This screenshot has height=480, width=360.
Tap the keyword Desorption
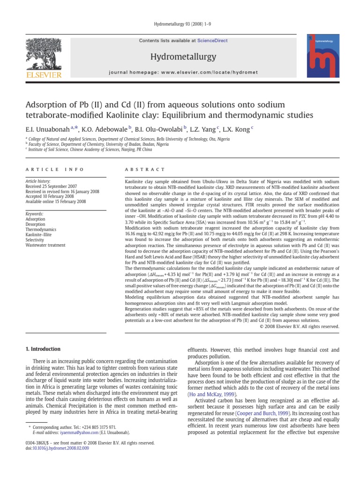(x=36, y=225)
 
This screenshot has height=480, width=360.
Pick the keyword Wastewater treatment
(x=45, y=245)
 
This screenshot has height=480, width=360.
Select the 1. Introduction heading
(x=42, y=349)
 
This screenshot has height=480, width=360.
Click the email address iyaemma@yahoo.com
(x=68, y=432)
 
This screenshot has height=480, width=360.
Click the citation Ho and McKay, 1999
(x=209, y=395)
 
